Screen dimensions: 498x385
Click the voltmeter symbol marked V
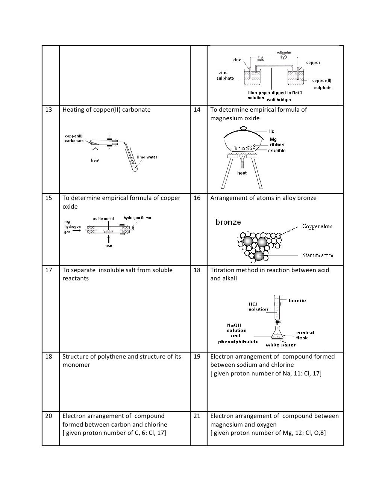(284, 57)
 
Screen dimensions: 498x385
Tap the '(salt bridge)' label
(279, 100)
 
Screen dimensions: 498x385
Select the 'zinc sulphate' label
(225, 76)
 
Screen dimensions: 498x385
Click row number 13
(49, 110)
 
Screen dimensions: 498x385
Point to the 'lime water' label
(147, 157)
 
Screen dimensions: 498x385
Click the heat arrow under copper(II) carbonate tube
(95, 152)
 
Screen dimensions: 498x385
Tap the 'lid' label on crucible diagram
(271, 131)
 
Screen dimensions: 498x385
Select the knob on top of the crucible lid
(243, 129)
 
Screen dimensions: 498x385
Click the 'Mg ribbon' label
(277, 142)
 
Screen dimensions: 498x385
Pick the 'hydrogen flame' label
(137, 218)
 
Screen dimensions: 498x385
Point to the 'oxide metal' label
(103, 219)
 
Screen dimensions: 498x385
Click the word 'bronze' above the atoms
(228, 222)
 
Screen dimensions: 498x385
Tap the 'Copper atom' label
(317, 227)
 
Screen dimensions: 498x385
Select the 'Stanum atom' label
(318, 255)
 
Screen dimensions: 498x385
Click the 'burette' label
(297, 301)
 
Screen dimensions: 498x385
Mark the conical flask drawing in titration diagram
(277, 333)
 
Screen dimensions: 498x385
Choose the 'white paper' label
(280, 345)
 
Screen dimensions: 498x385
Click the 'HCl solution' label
(258, 307)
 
